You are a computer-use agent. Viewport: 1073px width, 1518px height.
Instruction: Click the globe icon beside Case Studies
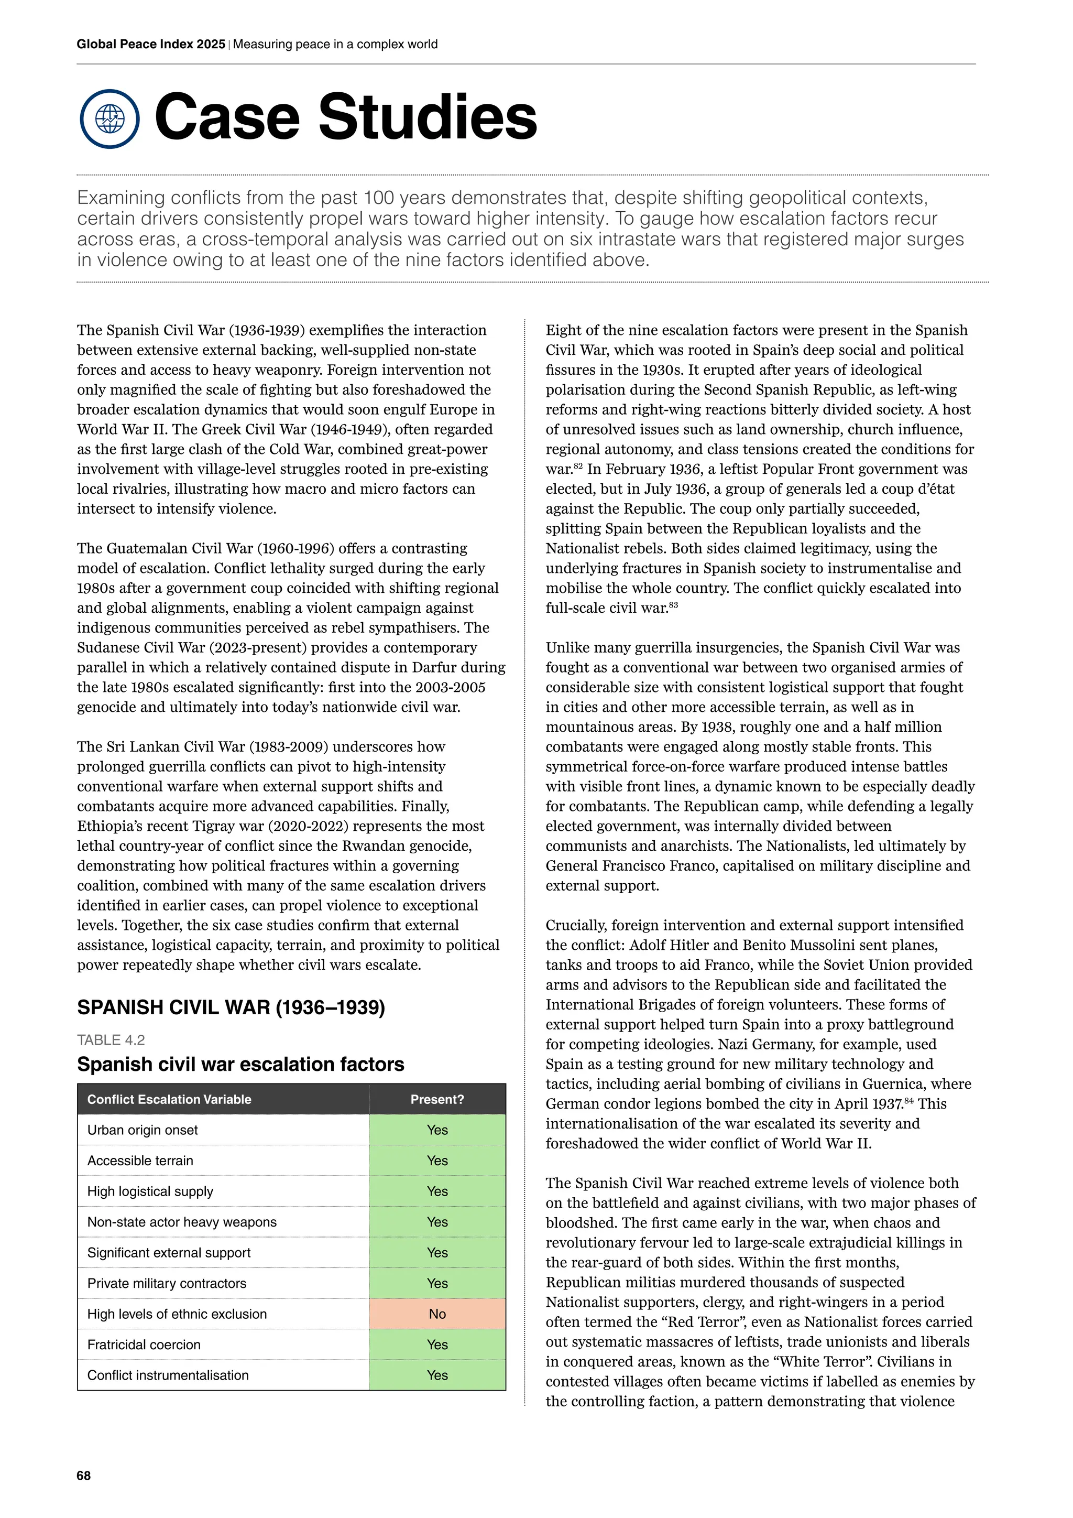pos(110,119)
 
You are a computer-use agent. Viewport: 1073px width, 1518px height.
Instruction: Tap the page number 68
pos(84,1476)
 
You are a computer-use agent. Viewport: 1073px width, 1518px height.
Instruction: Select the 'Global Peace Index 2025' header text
pos(151,45)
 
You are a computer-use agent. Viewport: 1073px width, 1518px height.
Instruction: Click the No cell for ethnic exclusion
pos(437,1314)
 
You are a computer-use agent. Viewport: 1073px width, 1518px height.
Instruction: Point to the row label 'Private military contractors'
pos(167,1283)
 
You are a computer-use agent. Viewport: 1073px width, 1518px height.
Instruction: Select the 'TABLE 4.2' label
pos(111,1040)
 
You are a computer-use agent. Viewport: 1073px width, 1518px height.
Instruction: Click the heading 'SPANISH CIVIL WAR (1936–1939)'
pos(231,1007)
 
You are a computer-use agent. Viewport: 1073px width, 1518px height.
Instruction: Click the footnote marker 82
pos(577,465)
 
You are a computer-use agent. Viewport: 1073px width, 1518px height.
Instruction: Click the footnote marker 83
pos(673,604)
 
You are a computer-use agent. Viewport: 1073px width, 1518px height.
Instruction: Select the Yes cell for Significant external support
pos(437,1253)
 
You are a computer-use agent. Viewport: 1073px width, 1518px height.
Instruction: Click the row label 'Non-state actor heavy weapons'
pos(182,1222)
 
